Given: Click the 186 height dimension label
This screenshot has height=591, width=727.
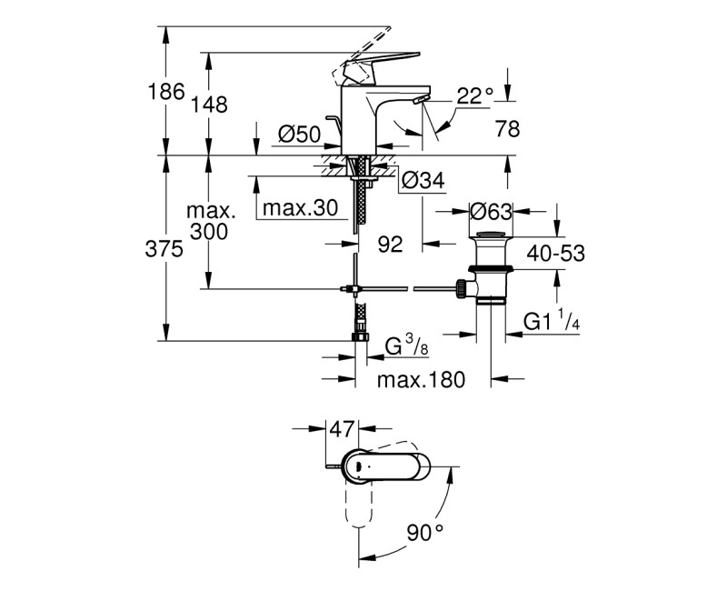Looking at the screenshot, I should (168, 92).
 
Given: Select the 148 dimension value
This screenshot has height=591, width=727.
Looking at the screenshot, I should (210, 105).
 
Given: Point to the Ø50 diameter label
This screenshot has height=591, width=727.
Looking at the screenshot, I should (299, 135).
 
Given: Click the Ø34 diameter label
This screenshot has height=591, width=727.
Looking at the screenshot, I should (422, 182).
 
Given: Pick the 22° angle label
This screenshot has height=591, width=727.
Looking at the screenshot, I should (473, 95).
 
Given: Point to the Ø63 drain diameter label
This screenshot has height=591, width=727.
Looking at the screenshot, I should (493, 212).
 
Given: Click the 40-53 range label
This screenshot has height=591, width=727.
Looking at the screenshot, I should (555, 255).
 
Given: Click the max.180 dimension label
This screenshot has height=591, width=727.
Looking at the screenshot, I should (422, 380).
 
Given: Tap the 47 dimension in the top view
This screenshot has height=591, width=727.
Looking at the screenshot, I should (341, 427).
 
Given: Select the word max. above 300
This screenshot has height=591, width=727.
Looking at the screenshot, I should (211, 212).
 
